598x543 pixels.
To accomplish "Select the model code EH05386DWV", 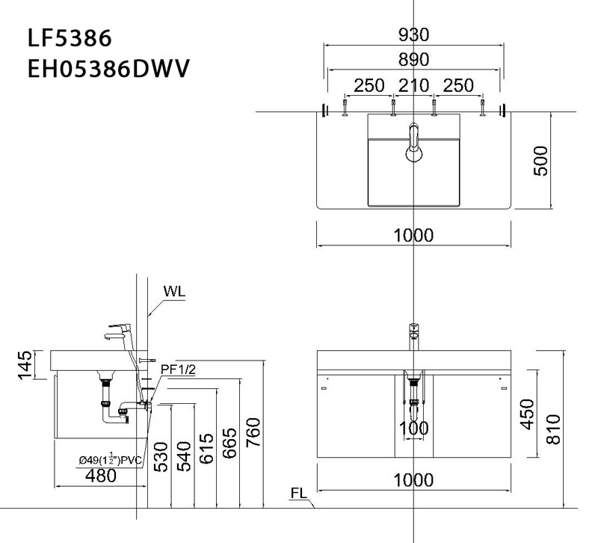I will tap(108, 70).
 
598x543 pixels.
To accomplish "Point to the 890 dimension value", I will tap(413, 60).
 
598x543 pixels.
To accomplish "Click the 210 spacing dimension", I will tap(413, 86).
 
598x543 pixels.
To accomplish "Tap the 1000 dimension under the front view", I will tap(413, 481).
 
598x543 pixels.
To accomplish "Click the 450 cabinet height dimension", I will tap(528, 413).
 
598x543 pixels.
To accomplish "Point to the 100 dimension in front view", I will tap(413, 429).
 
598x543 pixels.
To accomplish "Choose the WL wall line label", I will tap(173, 291).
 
